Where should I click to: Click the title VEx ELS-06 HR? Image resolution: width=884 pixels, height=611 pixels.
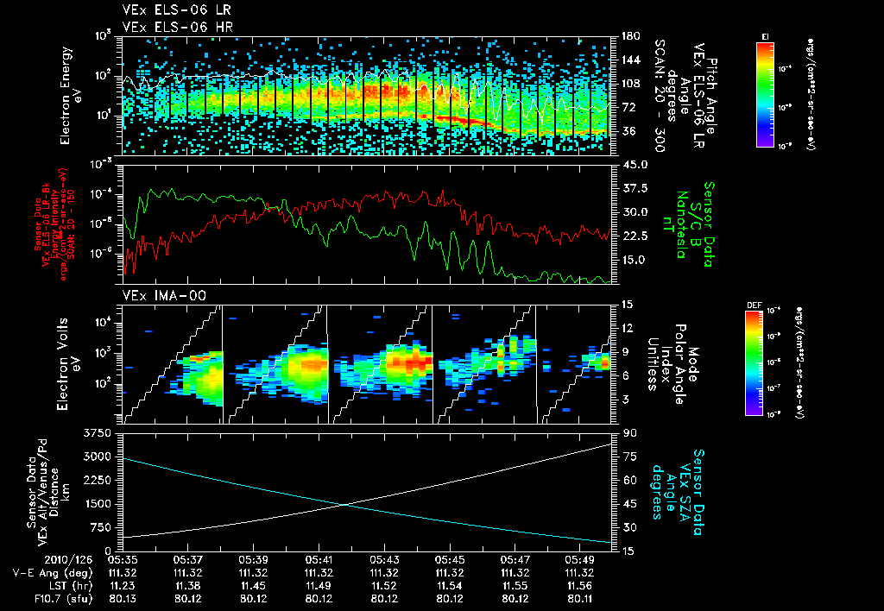tap(169, 27)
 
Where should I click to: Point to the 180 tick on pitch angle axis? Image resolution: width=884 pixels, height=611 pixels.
tap(628, 36)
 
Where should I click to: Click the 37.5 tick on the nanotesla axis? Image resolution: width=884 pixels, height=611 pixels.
tap(635, 187)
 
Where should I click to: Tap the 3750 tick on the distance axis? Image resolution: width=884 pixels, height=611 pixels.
tap(102, 432)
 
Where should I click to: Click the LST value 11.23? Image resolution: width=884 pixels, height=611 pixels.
tap(123, 584)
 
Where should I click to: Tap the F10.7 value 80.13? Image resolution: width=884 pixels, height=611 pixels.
tap(123, 597)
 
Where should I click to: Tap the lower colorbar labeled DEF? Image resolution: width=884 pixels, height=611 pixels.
tap(759, 362)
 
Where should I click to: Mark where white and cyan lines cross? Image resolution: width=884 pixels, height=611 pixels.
tap(346, 505)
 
